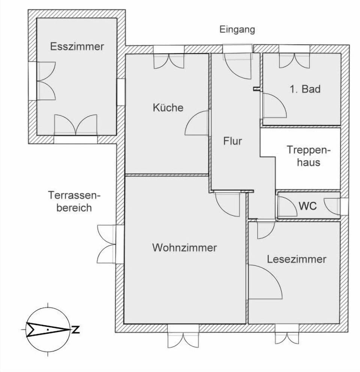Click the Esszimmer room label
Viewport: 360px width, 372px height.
coord(77,47)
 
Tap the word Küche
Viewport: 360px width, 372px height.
coord(168,108)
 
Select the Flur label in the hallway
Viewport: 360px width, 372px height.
coord(232,141)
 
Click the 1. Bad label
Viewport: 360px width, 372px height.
coord(305,89)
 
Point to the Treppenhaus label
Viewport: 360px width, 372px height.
coord(309,156)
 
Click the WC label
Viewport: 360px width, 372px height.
coord(307,206)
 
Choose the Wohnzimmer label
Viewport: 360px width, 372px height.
coord(184,248)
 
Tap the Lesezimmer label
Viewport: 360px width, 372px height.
coord(297,259)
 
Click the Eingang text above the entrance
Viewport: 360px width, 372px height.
coord(237,30)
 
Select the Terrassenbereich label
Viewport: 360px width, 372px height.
coord(75,202)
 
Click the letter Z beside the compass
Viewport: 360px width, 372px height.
coord(75,330)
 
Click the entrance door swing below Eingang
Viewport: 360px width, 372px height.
coord(238,66)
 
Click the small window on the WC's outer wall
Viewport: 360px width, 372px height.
coord(344,206)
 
